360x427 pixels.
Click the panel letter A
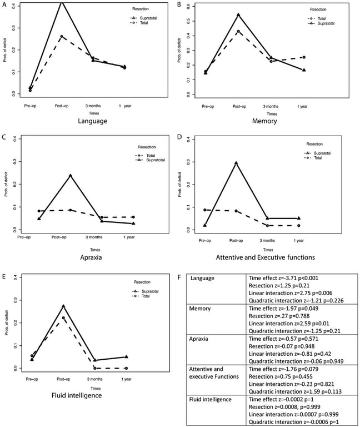[4, 4]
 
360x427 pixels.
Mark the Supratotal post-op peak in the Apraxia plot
[70, 176]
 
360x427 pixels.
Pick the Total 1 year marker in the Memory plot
[304, 57]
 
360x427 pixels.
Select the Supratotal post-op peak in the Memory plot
[238, 15]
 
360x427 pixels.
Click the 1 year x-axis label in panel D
[298, 240]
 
